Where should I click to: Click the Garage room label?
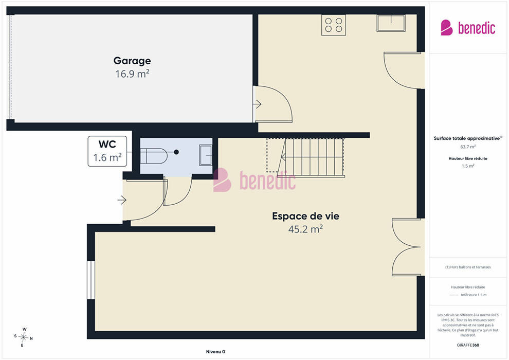pos(132,61)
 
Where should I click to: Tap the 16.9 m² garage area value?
pos(132,74)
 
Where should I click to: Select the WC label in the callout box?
pos(107,144)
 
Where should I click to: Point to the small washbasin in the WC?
pos(206,155)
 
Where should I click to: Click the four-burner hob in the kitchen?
pos(333,25)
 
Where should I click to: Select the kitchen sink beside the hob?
pos(391,23)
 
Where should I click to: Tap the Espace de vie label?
pos(305,216)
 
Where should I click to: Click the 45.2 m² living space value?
pos(305,229)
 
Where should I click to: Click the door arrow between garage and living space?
pos(258,104)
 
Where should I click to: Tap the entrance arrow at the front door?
pos(122,200)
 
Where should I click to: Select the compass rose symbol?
pos(23,337)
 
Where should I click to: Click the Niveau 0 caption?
pos(215,352)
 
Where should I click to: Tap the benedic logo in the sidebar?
pos(468,28)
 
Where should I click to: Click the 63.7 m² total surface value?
pos(468,147)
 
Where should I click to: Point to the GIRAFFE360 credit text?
pos(468,345)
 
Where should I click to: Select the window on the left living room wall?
pos(91,280)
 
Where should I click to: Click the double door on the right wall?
pos(408,247)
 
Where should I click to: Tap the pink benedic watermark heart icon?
pos(222,180)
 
